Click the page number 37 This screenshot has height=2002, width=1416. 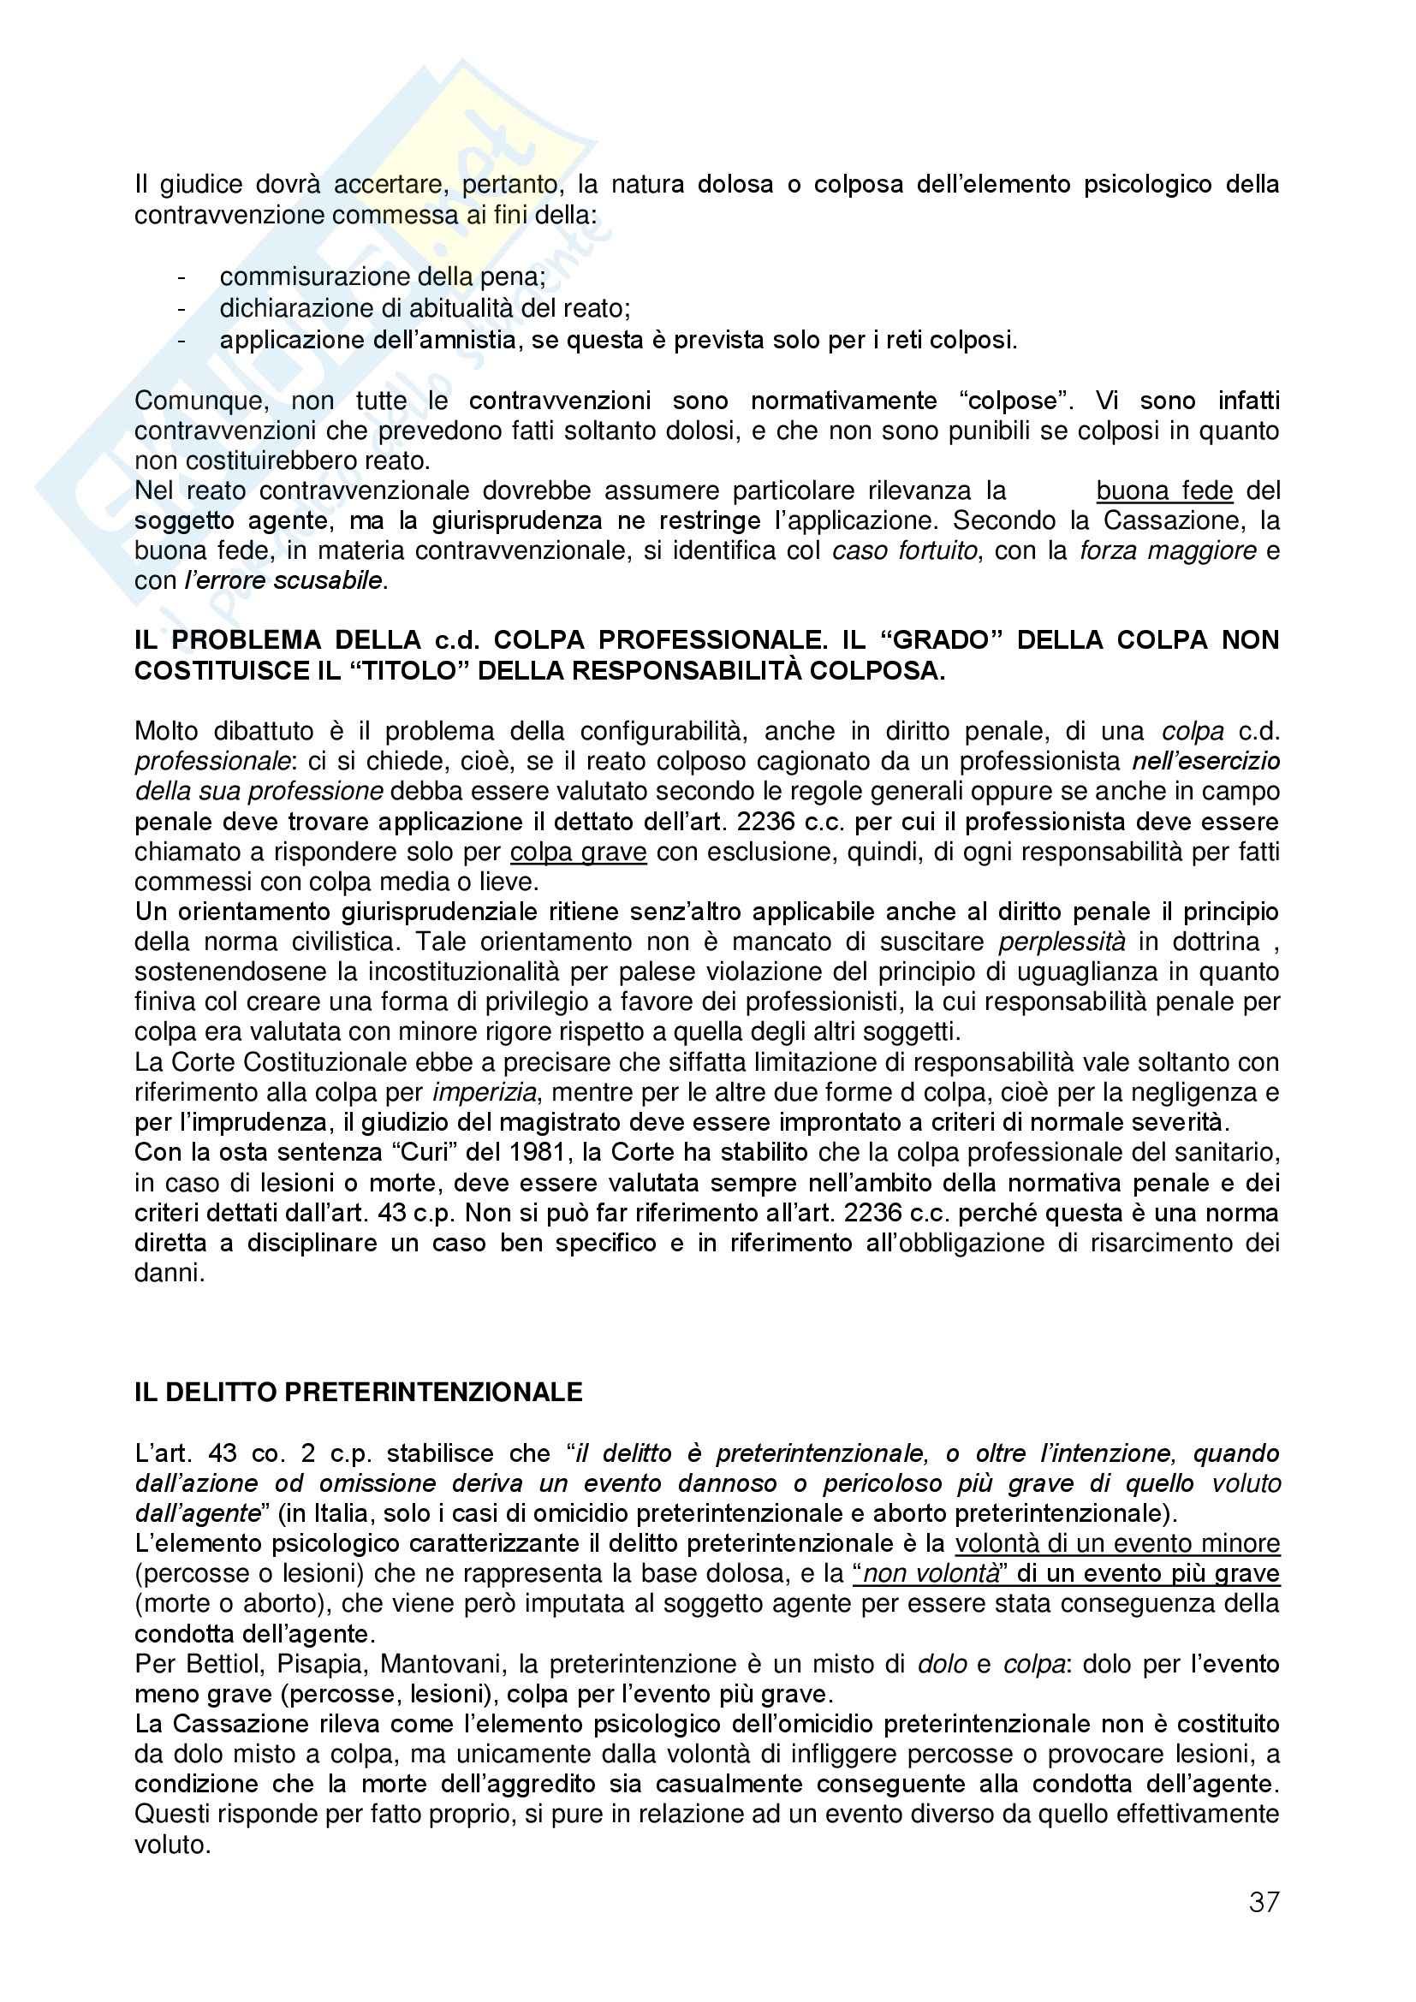(x=1264, y=1902)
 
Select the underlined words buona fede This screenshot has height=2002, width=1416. (x=1164, y=491)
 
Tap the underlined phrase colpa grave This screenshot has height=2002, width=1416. (x=578, y=852)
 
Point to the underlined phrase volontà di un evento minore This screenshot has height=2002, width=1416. (x=1117, y=1543)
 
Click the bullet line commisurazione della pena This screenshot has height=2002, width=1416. (x=383, y=276)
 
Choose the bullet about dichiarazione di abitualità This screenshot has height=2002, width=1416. (x=425, y=308)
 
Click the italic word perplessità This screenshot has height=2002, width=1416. (x=1061, y=942)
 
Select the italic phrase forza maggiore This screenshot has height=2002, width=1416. (x=1168, y=551)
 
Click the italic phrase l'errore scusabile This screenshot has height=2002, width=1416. (x=283, y=580)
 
